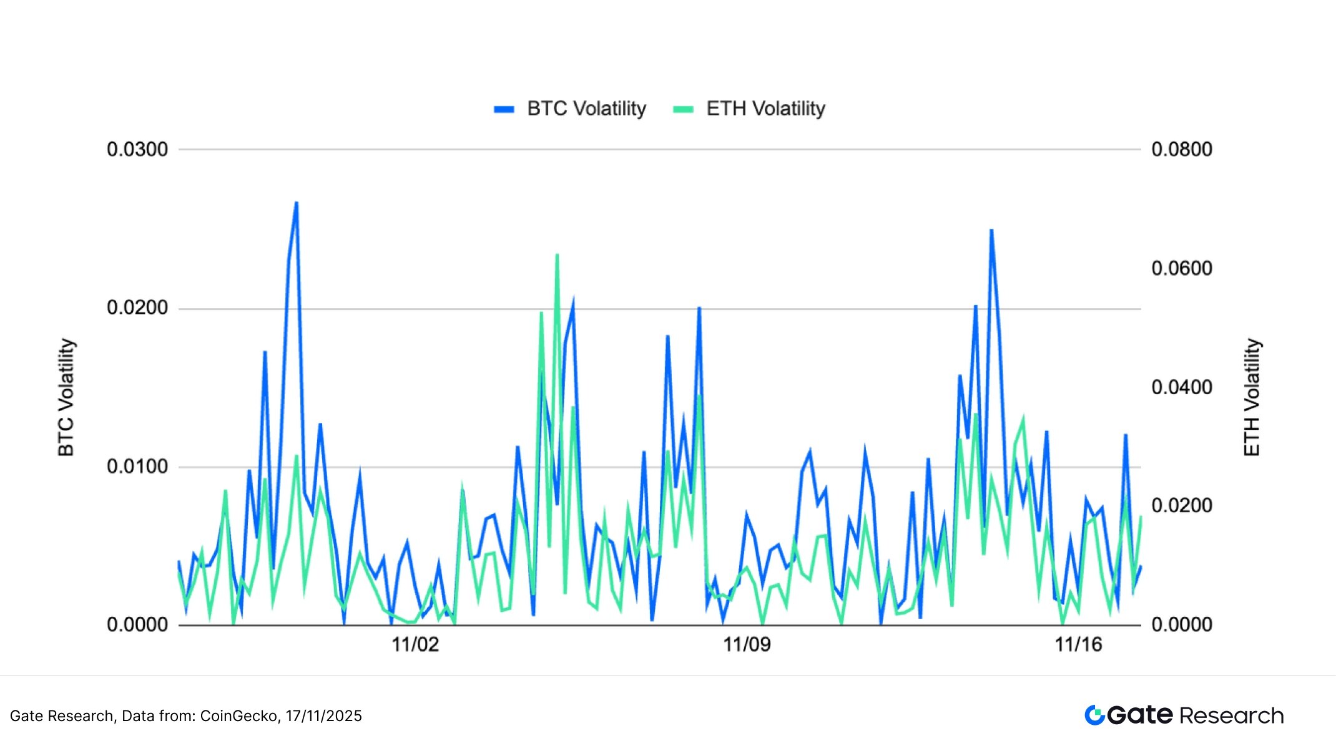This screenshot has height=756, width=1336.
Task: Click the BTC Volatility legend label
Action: (x=586, y=109)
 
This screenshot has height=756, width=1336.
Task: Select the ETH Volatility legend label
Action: (x=765, y=109)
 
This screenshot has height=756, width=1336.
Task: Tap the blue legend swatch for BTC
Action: (x=504, y=109)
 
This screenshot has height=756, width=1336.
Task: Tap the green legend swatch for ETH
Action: (x=683, y=109)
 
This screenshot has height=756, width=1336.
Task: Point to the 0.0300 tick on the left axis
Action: (x=137, y=150)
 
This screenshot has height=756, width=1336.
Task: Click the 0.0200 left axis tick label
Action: (x=137, y=308)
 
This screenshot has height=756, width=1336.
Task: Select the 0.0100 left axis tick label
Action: (x=137, y=467)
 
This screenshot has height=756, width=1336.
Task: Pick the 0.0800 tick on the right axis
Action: (x=1182, y=150)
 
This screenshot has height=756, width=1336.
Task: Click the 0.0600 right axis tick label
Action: (x=1182, y=268)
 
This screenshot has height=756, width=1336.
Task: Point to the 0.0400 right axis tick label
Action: (x=1182, y=387)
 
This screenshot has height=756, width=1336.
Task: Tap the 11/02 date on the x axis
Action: (x=415, y=644)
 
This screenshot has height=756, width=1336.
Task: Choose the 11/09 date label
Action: (x=747, y=644)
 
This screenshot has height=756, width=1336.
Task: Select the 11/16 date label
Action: (x=1078, y=644)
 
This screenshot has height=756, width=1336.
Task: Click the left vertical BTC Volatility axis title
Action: (x=66, y=397)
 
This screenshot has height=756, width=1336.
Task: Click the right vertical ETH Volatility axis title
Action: (x=1252, y=397)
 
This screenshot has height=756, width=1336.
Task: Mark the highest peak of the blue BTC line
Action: (x=297, y=203)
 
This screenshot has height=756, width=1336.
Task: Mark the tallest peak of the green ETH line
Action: (x=557, y=255)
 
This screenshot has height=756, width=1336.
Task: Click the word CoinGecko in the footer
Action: (x=238, y=716)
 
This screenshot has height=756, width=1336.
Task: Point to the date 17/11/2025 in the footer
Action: (x=324, y=716)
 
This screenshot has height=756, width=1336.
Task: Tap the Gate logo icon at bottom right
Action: (x=1094, y=715)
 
